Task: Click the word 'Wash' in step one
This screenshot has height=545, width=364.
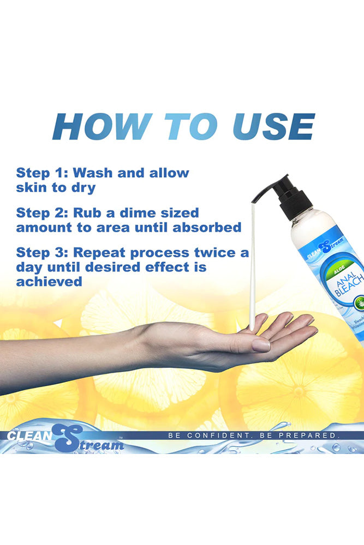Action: (93, 173)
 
